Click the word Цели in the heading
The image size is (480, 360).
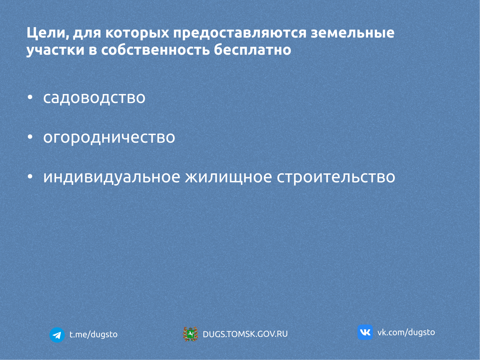[x=46, y=33]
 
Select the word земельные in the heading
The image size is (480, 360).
[x=352, y=33]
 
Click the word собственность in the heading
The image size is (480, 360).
[x=155, y=50]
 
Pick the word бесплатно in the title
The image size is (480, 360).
[x=252, y=50]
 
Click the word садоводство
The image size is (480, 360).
[x=94, y=98]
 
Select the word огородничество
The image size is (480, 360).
[x=109, y=138]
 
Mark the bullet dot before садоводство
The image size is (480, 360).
[x=30, y=98]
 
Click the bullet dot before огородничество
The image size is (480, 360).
[x=30, y=137]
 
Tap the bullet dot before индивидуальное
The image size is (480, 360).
[x=30, y=177]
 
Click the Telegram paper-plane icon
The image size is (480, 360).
[x=57, y=335]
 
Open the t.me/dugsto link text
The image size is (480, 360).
[x=93, y=334]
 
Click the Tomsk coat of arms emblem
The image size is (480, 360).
[x=190, y=334]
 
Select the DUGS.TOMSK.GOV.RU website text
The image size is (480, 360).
[x=245, y=334]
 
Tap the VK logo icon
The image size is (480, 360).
[x=365, y=332]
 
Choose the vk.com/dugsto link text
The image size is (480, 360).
[x=406, y=332]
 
